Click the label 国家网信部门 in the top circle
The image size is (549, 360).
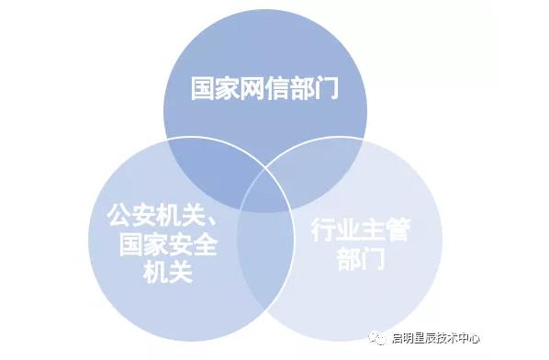pyautogui.click(x=264, y=89)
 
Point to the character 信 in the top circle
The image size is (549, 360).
pyautogui.click(x=278, y=89)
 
